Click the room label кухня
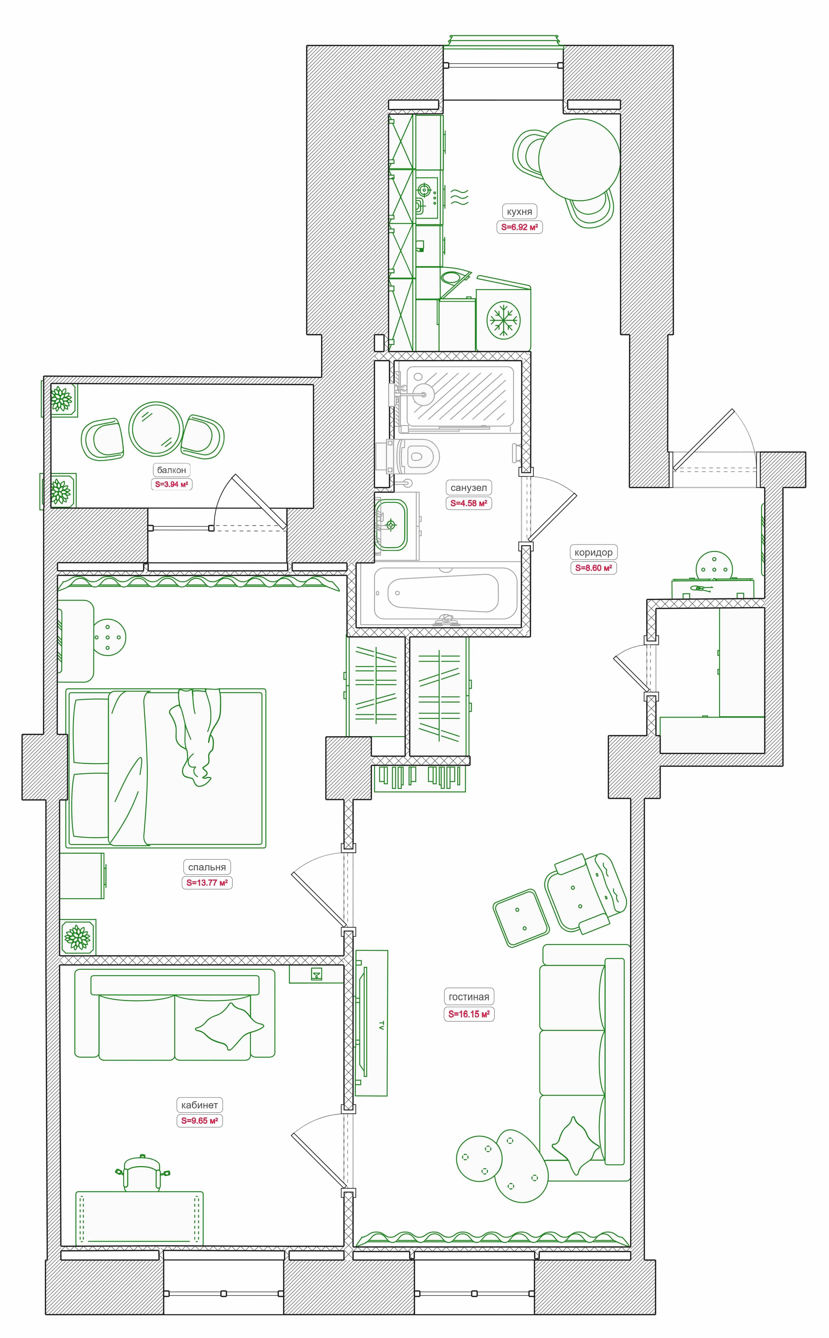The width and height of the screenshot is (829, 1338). [x=519, y=212]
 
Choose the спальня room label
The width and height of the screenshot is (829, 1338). [x=207, y=867]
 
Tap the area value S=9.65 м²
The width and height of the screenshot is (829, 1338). [x=199, y=1120]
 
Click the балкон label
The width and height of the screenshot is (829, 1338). [x=172, y=470]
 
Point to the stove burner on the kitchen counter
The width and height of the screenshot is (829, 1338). [x=424, y=190]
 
